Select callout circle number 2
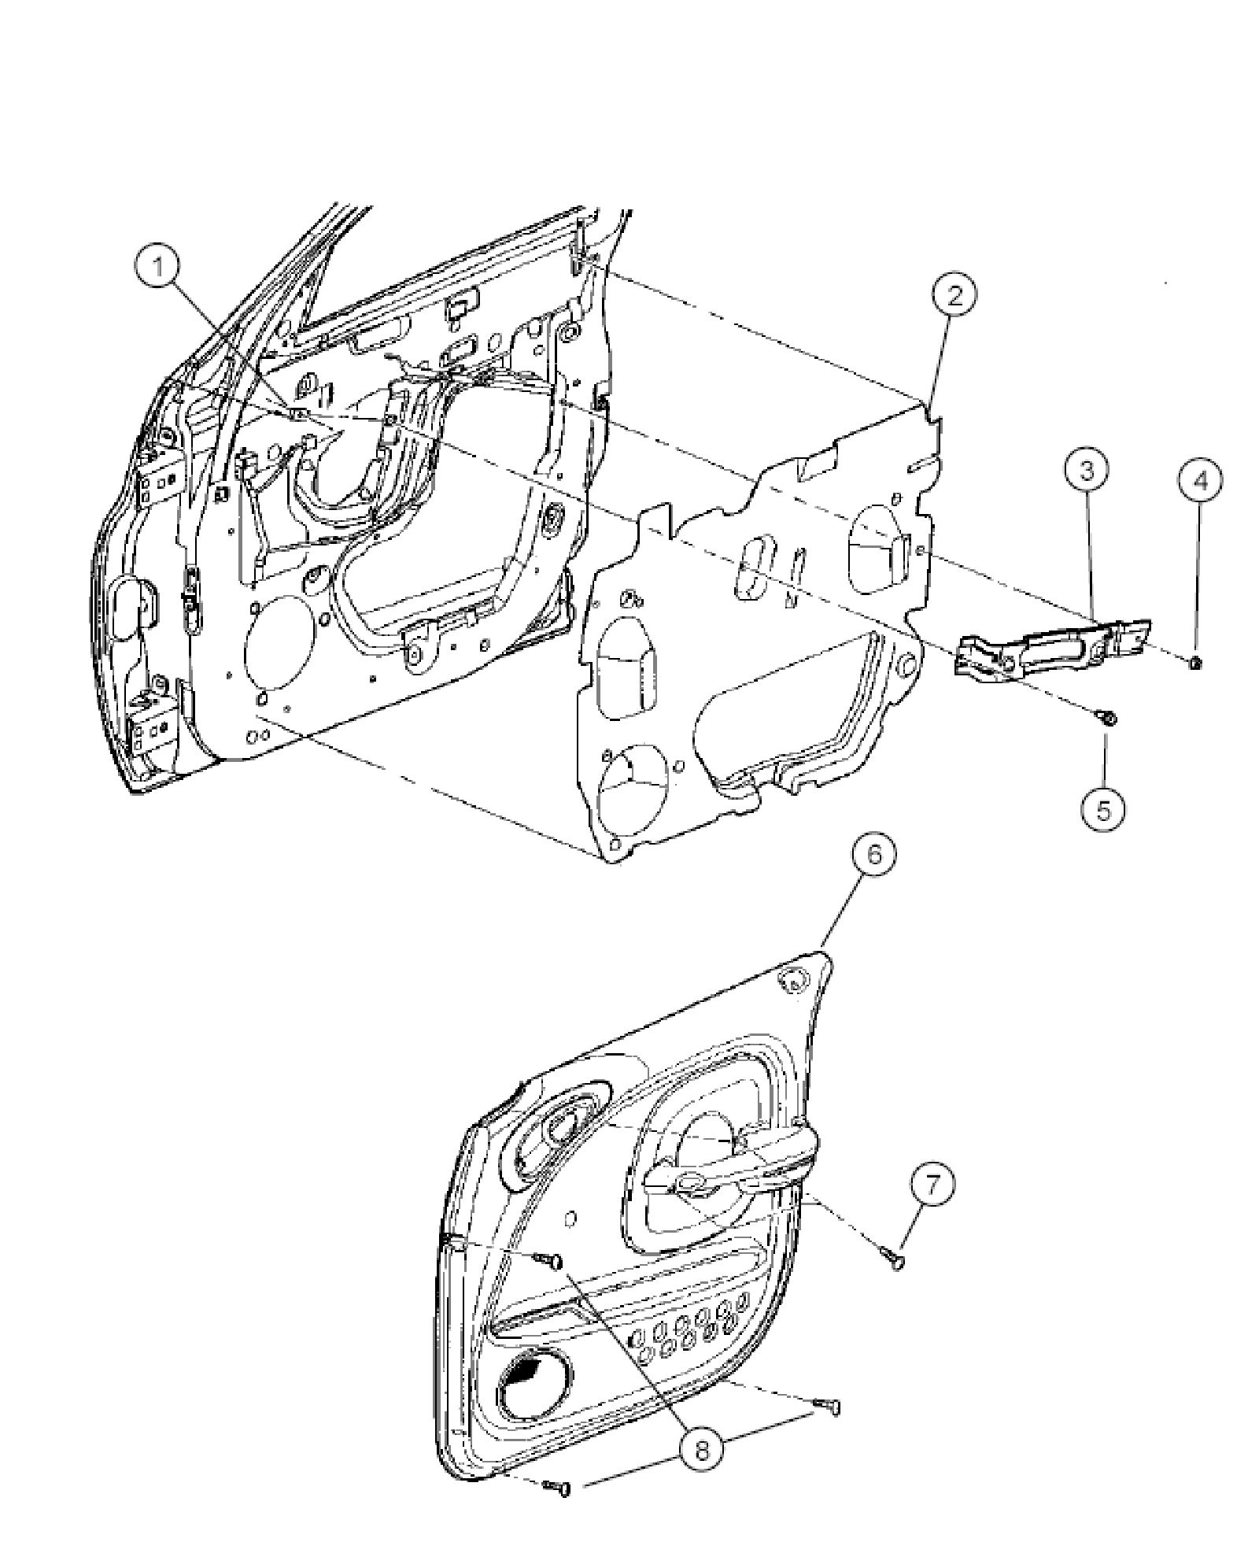954,297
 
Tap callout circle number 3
1087,471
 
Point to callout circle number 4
1199,480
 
